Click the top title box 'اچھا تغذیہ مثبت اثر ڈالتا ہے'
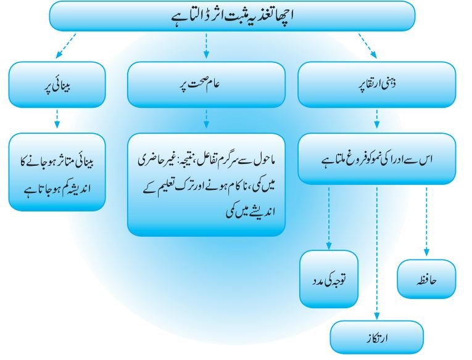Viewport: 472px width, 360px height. (x=232, y=15)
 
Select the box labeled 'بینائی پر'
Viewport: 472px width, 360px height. (x=57, y=84)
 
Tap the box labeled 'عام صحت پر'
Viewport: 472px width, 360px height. (x=206, y=84)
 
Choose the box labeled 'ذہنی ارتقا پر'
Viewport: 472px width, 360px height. (x=377, y=84)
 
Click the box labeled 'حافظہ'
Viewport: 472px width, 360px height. (x=427, y=279)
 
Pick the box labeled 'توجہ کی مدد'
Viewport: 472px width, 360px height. (x=329, y=279)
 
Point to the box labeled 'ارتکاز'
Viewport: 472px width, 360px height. (x=377, y=337)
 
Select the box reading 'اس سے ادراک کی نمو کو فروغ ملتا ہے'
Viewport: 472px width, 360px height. (x=377, y=159)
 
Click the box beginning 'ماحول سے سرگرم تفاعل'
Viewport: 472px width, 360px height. (x=206, y=185)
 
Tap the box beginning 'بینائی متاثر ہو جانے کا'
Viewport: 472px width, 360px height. (x=57, y=172)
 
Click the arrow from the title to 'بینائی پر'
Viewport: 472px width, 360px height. (x=66, y=46)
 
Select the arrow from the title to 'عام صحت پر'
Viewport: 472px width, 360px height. (x=206, y=46)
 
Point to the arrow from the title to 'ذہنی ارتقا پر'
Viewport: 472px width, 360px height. (x=368, y=46)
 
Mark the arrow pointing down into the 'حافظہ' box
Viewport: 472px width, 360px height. (x=426, y=222)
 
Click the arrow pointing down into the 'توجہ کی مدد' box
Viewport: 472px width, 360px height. (x=329, y=218)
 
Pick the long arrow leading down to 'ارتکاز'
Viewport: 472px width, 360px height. (x=377, y=253)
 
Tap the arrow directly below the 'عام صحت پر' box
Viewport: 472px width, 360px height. (x=206, y=119)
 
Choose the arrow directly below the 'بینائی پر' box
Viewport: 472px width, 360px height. (x=57, y=119)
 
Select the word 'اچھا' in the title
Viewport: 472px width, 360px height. (x=284, y=15)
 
